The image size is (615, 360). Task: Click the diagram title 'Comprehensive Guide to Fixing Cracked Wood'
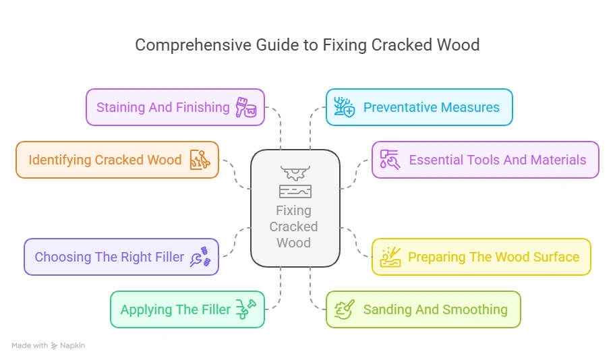pos(307,45)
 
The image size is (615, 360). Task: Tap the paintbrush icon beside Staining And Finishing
pos(246,107)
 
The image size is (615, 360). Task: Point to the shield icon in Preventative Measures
pos(345,107)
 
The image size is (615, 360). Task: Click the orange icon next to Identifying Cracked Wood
pos(200,160)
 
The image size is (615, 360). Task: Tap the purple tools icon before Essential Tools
pos(390,160)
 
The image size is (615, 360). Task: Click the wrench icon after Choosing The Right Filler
pos(200,257)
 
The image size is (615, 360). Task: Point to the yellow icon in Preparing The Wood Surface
pos(390,257)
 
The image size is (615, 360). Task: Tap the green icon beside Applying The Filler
pos(246,309)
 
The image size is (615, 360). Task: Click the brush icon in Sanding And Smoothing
pos(345,309)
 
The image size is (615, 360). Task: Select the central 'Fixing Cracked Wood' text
pos(295,227)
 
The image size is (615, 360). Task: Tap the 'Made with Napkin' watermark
pos(49,345)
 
